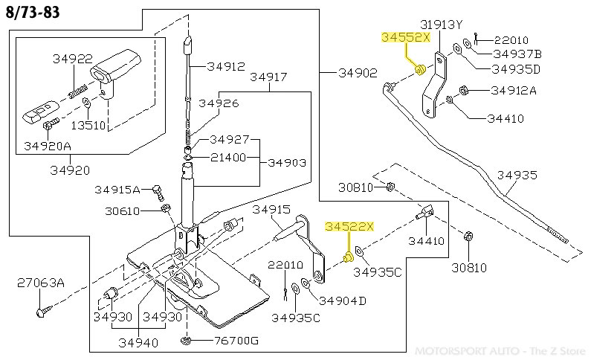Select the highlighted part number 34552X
click(405, 37)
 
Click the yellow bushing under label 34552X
click(419, 70)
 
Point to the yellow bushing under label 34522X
click(347, 257)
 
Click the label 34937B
click(517, 54)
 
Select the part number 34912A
click(514, 91)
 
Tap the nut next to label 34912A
click(463, 91)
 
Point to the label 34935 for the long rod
click(517, 176)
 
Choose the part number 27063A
click(41, 283)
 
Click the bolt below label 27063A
click(41, 312)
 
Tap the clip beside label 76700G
click(185, 341)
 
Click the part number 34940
click(138, 343)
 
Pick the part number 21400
click(230, 158)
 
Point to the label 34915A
click(119, 190)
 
